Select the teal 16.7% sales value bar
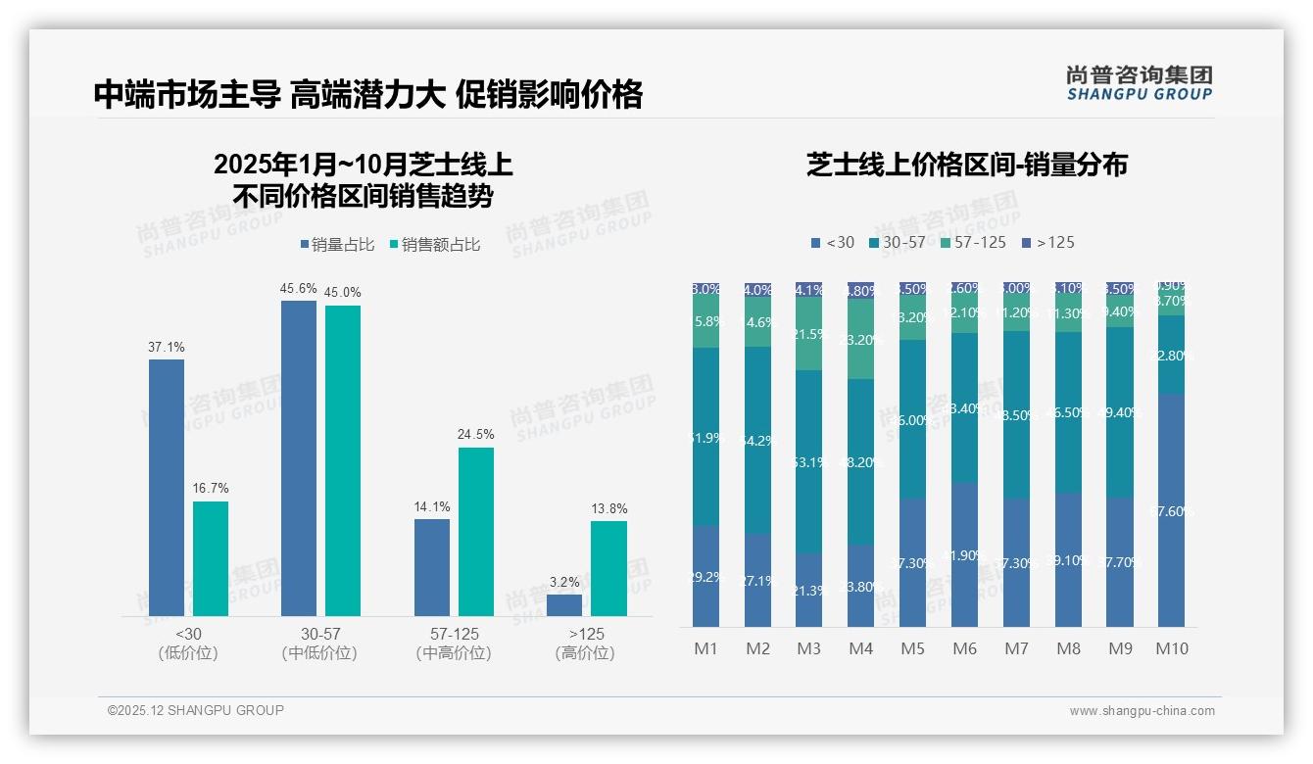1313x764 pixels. [x=211, y=558]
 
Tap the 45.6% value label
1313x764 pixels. [x=299, y=288]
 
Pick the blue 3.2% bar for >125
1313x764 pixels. [x=563, y=605]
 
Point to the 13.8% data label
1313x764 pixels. [x=608, y=508]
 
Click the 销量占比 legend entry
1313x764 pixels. [x=337, y=245]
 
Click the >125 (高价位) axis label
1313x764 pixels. [x=585, y=644]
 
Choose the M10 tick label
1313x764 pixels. [x=1172, y=648]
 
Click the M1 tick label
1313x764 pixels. [x=705, y=648]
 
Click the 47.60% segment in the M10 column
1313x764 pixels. [x=1178, y=510]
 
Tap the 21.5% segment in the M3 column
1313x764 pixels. [x=808, y=334]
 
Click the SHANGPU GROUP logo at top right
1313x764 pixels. [x=1139, y=83]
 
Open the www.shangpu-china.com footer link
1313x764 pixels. [x=1142, y=711]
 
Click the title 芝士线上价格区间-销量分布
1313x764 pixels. [x=966, y=165]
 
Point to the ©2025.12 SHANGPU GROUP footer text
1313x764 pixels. [x=196, y=710]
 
